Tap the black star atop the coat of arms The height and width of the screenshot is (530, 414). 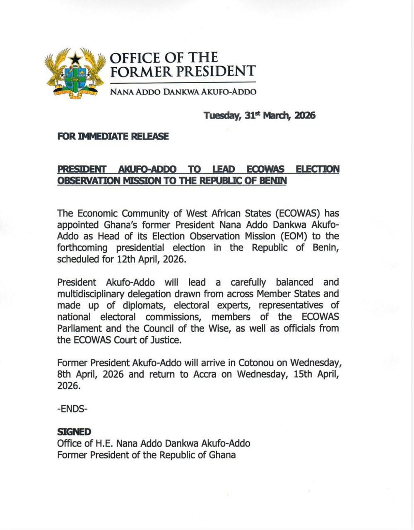(75, 59)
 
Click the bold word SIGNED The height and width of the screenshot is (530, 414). (74, 432)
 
